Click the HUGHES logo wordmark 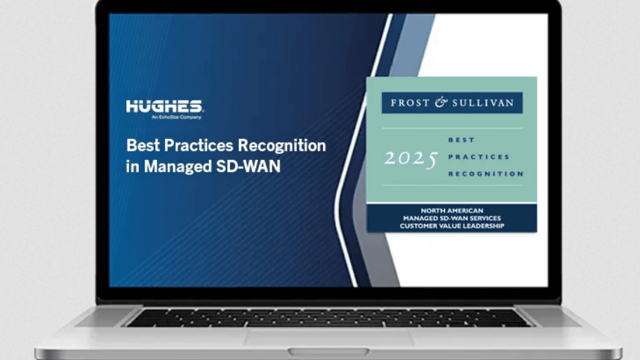tap(164, 106)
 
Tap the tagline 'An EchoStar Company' tap(176, 117)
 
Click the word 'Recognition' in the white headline tap(281, 146)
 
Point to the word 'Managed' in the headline tap(178, 167)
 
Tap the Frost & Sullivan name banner tap(452, 102)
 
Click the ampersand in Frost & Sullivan tap(441, 102)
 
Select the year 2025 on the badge tap(411, 159)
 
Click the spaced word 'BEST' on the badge tap(461, 140)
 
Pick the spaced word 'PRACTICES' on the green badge tap(479, 156)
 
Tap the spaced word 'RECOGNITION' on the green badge tap(486, 174)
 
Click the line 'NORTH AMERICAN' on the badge tap(452, 211)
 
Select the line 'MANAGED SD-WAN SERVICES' tap(452, 218)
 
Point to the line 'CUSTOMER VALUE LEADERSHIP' tap(452, 226)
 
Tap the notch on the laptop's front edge tap(328, 351)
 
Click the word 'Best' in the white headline tap(140, 145)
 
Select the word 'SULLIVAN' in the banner tap(483, 103)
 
